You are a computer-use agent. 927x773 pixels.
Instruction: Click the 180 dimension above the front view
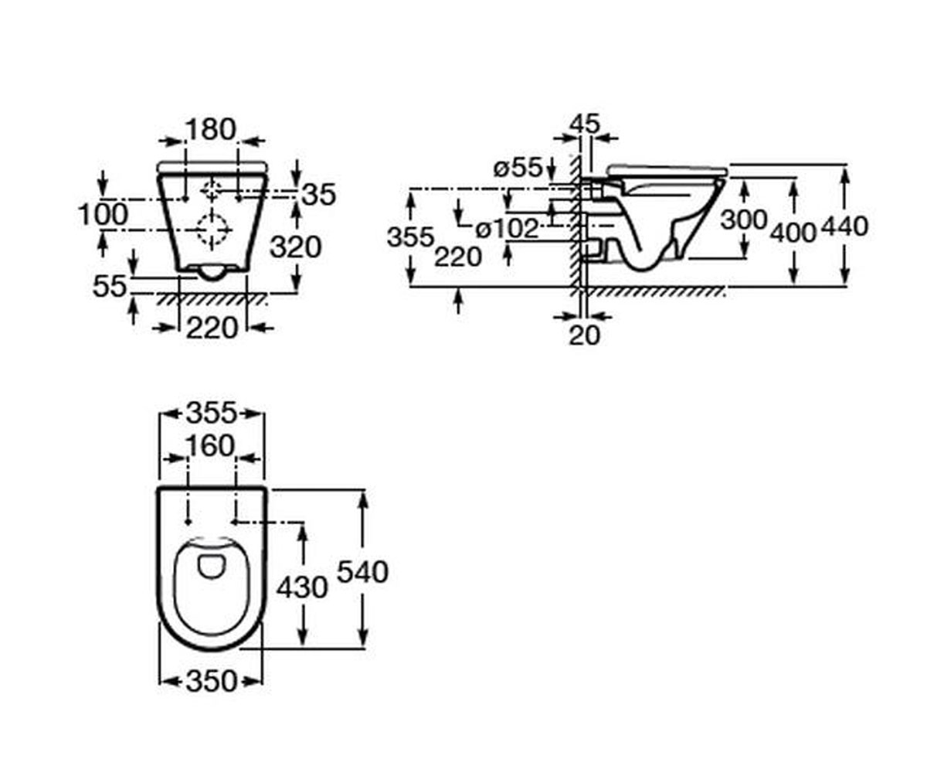tap(210, 129)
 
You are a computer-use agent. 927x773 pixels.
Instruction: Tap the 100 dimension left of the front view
tap(103, 215)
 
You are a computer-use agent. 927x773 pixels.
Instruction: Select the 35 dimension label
tap(319, 195)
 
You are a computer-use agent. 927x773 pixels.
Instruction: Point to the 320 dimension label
tap(295, 247)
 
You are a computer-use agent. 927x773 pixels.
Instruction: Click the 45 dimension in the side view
tap(584, 124)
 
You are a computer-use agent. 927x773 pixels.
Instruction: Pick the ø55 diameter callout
tap(518, 168)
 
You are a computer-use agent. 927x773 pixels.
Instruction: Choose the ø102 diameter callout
tap(507, 230)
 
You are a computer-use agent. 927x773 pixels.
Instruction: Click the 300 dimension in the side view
tap(744, 220)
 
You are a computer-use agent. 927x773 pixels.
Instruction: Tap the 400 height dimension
tap(793, 233)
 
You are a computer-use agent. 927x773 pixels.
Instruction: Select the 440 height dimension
tap(845, 226)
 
